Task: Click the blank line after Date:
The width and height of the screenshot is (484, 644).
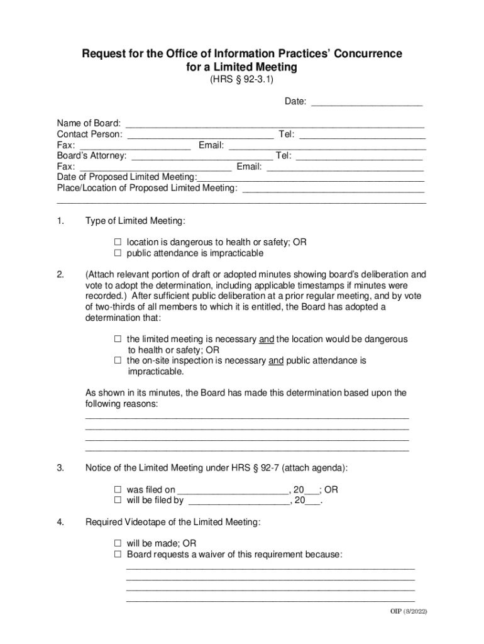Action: pos(366,102)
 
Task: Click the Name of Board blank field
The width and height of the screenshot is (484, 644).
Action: pos(275,123)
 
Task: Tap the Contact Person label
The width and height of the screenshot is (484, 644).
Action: pos(89,134)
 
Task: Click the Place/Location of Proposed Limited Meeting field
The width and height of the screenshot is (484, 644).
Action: pos(333,188)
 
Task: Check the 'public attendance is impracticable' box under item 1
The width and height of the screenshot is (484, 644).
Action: pos(118,253)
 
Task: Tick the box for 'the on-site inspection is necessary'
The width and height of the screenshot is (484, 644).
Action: pos(118,361)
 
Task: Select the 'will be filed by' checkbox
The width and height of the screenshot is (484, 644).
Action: pos(118,501)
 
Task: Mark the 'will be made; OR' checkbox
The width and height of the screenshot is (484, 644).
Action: pos(118,543)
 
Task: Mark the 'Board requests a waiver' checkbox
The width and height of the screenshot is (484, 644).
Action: pos(118,554)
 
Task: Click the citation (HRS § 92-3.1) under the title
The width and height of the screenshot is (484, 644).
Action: pos(241,80)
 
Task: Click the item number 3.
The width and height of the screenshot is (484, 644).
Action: pos(60,468)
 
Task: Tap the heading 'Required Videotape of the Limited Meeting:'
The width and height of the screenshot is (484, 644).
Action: pos(172,522)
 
